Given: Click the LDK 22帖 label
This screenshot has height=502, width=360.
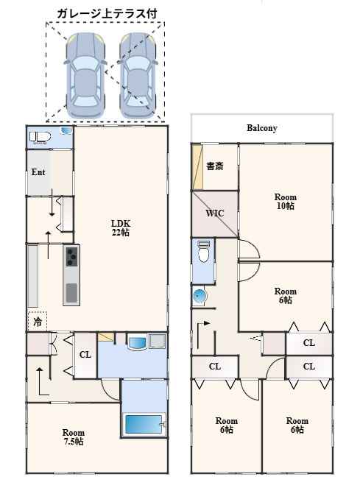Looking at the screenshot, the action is pos(121,228).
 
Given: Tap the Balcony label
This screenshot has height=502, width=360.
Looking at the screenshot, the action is pos(261,128).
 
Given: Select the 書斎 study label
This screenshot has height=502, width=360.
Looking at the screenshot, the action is pos(214,166).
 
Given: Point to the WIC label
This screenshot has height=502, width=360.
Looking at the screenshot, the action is pos(214,213).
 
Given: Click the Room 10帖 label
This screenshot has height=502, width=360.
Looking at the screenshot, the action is pos(286,202).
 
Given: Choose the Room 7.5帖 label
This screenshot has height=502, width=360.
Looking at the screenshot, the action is pos(74,437).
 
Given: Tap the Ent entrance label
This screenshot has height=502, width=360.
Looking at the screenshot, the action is pos(38,172).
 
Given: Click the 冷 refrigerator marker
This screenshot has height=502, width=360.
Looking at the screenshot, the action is pos(38,322).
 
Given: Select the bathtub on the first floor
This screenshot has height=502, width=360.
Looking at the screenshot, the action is pos(144,424).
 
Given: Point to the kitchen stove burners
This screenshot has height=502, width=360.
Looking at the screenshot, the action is pos(71,256).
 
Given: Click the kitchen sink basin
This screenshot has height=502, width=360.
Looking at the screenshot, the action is pos(71,293).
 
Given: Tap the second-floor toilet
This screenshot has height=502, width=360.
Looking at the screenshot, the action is pos(203,251).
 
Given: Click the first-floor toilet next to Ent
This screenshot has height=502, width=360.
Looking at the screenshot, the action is pos(40,137).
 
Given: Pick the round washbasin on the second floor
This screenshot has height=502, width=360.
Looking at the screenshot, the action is pos(200,295).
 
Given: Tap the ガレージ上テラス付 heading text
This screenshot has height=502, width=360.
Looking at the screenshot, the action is pos(107,14).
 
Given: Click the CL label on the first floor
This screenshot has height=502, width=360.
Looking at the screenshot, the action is pos(85,355).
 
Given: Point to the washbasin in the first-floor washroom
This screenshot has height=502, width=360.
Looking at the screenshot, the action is pos(137,342).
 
